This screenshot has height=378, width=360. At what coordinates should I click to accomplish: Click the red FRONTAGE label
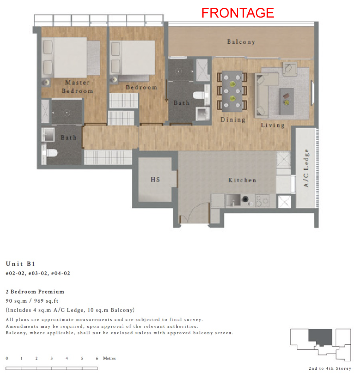click(x=238, y=13)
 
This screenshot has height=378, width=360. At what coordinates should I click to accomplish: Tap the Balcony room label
click(x=241, y=42)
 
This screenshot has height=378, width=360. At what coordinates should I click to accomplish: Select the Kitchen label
click(x=242, y=180)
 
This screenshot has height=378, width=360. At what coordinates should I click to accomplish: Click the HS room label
click(x=156, y=179)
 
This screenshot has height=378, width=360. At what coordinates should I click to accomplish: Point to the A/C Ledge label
click(x=306, y=168)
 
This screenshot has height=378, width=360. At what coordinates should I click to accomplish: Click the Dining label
click(x=233, y=120)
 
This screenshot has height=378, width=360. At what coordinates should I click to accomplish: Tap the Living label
click(x=273, y=125)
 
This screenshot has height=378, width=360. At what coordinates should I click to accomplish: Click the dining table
click(x=232, y=91)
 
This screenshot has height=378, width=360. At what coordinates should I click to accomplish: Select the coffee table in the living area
click(x=287, y=101)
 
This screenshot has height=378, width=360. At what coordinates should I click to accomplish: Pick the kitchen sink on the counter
click(x=233, y=200)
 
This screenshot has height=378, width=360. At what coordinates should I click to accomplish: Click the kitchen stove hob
click(x=262, y=201)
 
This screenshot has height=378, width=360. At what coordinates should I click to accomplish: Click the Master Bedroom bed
click(x=71, y=57)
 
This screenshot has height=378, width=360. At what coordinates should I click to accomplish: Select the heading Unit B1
click(x=20, y=264)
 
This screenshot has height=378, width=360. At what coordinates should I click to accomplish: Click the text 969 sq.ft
click(x=46, y=301)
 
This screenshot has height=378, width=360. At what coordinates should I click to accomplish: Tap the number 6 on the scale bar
click(x=97, y=359)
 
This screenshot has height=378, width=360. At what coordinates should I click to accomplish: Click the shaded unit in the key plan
click(x=320, y=337)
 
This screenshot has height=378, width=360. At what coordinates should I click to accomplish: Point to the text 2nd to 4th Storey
click(x=330, y=368)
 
